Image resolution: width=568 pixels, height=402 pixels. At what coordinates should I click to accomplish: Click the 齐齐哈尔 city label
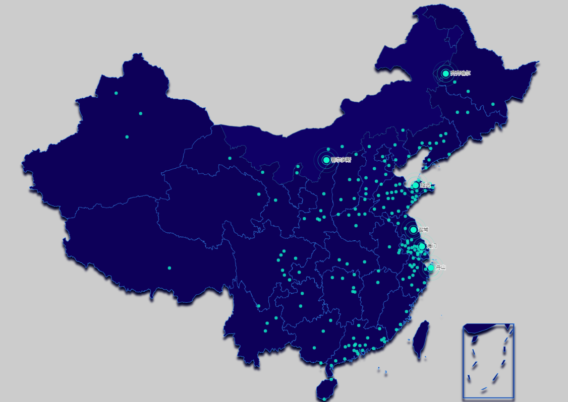click(x=461, y=74)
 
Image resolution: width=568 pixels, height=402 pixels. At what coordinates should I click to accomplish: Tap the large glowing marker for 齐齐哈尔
click(x=445, y=74)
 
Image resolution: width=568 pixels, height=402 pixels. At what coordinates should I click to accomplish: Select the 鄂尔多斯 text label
click(x=341, y=160)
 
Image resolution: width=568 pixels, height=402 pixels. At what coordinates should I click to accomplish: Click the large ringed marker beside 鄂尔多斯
click(x=326, y=160)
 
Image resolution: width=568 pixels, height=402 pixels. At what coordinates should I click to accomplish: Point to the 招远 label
click(x=426, y=185)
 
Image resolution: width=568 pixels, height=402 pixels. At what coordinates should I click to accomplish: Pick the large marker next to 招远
click(x=415, y=185)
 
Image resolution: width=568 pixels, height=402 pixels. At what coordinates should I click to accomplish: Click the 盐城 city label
click(x=424, y=230)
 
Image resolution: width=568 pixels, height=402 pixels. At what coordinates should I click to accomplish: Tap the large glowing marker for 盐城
click(x=413, y=230)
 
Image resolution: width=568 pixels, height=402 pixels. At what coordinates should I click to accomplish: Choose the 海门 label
click(x=432, y=246)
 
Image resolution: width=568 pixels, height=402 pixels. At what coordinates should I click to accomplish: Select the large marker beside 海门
click(x=422, y=246)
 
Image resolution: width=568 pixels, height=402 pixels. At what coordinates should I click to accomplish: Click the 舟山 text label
click(x=441, y=267)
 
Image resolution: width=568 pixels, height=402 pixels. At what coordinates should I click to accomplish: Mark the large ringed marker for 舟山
click(x=430, y=268)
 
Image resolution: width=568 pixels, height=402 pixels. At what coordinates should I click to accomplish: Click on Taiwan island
click(x=420, y=340)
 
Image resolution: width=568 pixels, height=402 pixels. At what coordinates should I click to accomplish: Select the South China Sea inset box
click(x=488, y=361)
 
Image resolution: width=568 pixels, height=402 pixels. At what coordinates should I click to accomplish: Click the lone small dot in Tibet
click(x=169, y=268)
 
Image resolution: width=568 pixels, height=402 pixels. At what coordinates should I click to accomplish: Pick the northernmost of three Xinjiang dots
click(x=116, y=93)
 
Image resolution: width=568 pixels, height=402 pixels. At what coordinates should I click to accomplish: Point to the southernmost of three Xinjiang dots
click(x=127, y=137)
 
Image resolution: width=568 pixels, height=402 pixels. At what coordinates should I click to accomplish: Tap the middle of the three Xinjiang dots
click(x=140, y=113)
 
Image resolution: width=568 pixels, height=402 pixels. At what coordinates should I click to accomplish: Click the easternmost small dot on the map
click(x=493, y=104)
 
